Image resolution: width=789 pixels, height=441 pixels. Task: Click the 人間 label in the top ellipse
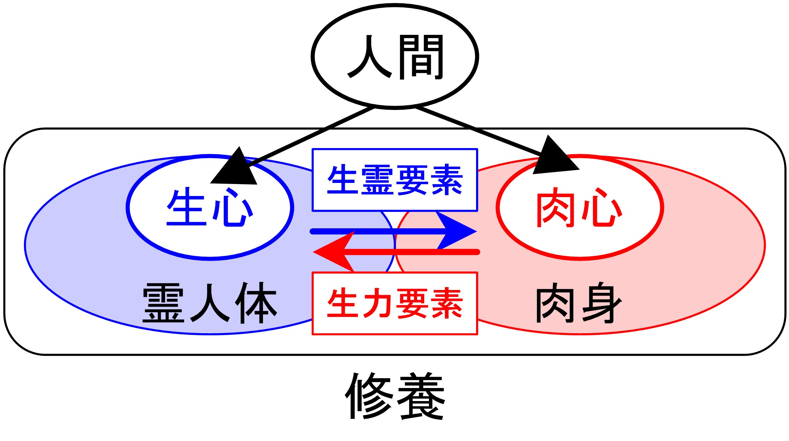[x=395, y=57]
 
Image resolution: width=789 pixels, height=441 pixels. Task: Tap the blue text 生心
[x=210, y=208]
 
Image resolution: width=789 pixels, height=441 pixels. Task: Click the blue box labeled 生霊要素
[x=395, y=180]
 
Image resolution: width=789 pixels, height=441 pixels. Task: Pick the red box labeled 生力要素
[x=395, y=303]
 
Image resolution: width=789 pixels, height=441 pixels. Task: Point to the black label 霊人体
[x=210, y=303]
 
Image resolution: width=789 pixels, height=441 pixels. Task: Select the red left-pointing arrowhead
[x=333, y=252]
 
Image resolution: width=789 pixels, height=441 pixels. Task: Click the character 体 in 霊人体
[x=256, y=303]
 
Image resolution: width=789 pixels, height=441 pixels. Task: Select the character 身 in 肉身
[x=602, y=303]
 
